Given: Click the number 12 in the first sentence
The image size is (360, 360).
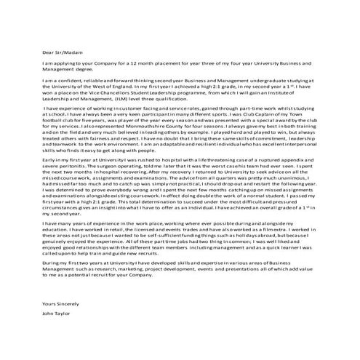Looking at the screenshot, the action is [132, 65].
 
